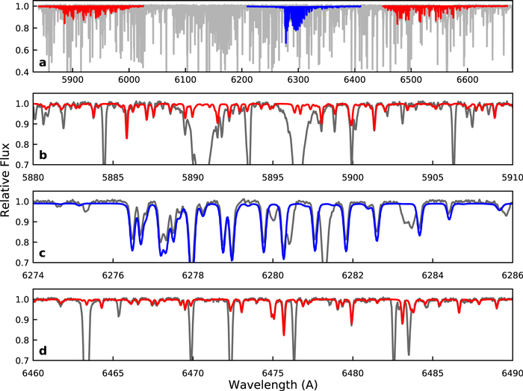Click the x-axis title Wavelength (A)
point(272,384)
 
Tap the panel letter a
point(43,62)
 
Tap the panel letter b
point(43,155)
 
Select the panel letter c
point(43,253)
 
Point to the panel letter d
point(43,351)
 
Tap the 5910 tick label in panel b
point(511,178)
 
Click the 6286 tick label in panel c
point(511,275)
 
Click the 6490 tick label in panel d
point(511,372)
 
